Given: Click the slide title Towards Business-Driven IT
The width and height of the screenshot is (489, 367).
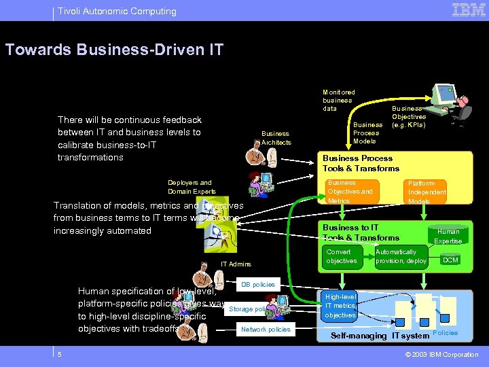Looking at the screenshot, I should pos(114,50).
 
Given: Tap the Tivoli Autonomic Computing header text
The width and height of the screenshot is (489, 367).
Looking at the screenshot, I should pos(117,11).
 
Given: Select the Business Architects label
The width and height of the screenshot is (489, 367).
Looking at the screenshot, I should pos(276,138).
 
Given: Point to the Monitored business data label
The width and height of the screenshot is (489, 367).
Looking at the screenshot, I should pos(338,100).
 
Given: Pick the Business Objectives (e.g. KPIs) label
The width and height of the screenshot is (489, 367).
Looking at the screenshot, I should pos(408,116).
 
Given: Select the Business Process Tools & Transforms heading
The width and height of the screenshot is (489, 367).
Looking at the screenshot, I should pos(361,163).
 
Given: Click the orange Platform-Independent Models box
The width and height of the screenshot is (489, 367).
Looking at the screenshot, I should pos(426,192).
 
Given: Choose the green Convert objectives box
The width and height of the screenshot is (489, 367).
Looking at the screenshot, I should pos(342,257).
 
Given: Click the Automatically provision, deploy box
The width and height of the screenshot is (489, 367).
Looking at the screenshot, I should pos(401,257).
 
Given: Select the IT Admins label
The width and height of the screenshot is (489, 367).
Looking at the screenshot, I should pos(236,264).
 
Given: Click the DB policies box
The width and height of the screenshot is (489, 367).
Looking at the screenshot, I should pos(258,284).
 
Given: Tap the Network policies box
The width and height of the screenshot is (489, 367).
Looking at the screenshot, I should pos(266,329).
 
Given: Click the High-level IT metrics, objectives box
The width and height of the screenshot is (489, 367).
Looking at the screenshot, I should pos(340,306).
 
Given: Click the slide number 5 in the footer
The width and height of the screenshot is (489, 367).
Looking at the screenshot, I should pos(60,354).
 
